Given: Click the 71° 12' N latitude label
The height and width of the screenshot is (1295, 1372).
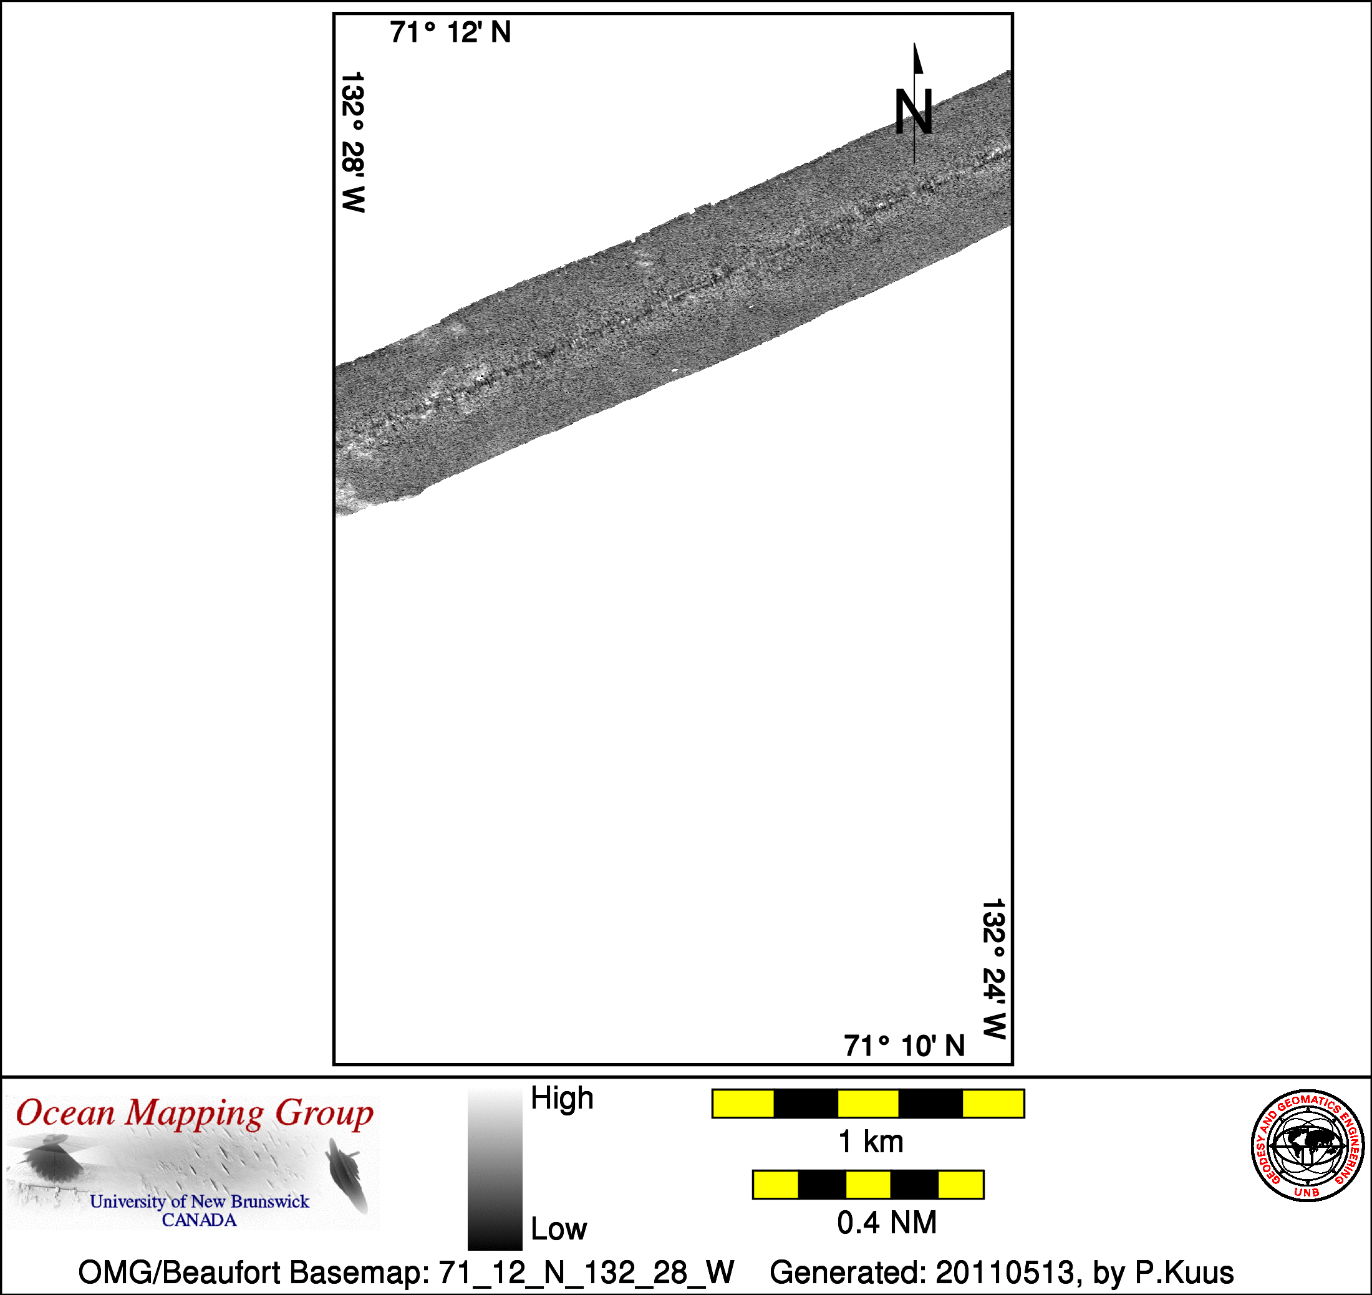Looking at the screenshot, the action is [450, 32].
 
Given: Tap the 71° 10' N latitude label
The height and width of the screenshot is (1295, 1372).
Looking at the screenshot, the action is [904, 1046].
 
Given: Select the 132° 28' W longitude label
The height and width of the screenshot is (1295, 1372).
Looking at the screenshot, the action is [353, 142].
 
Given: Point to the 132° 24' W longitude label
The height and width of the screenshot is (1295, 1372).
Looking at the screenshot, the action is [993, 969].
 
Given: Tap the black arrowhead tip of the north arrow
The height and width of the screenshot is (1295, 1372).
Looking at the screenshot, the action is [915, 44].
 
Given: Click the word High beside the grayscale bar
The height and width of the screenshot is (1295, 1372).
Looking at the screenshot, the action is [562, 1097].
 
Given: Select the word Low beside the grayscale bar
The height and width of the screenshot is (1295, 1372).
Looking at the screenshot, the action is [559, 1230].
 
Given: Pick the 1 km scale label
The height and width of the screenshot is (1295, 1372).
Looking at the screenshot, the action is [871, 1142].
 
